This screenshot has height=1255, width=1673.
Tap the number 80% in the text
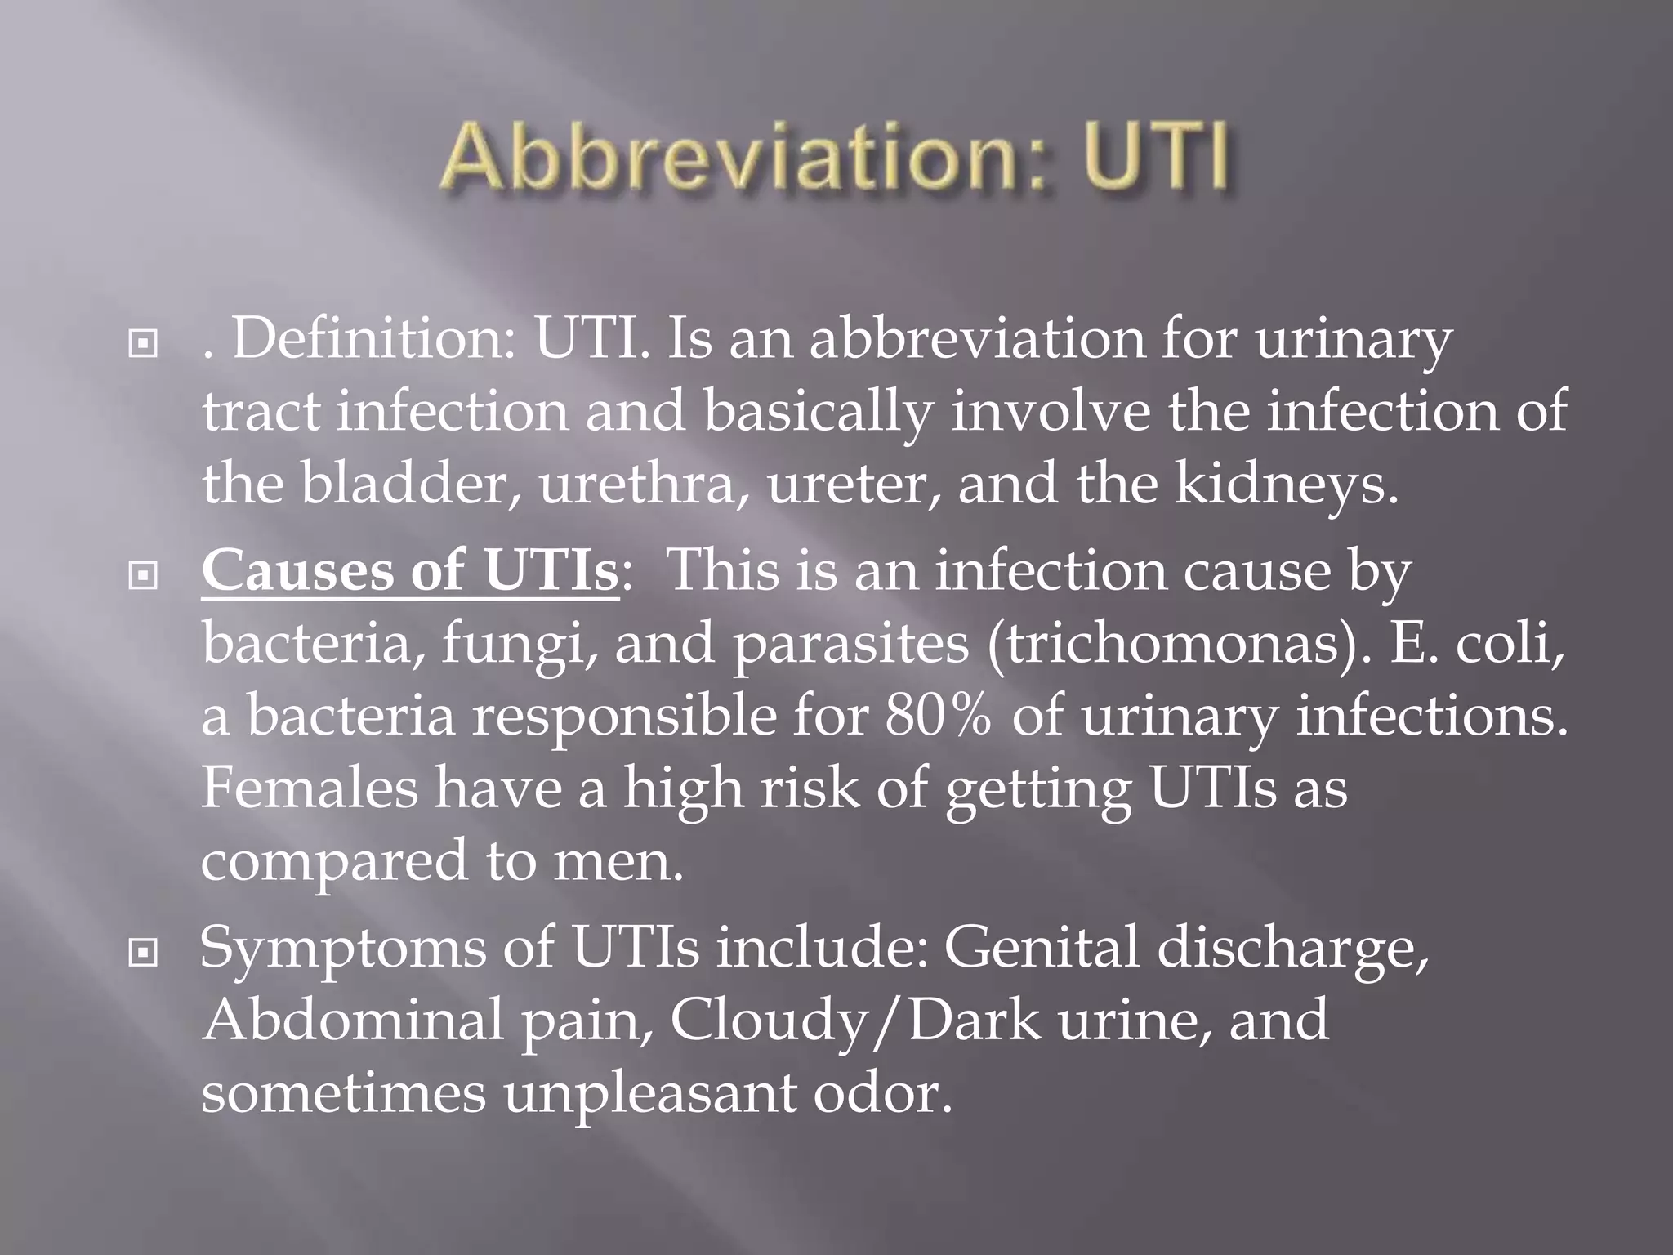click(x=939, y=717)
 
